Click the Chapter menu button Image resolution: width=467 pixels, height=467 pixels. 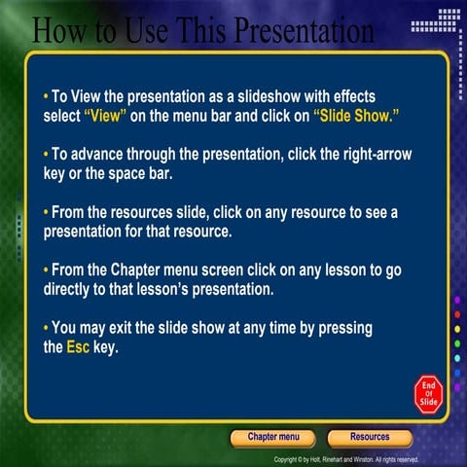(x=272, y=438)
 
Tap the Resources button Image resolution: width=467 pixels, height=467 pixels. (x=370, y=438)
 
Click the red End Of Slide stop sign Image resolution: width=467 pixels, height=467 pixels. (x=428, y=392)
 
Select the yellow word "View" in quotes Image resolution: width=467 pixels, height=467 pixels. (x=106, y=114)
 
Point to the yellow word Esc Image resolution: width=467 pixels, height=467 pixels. (x=77, y=346)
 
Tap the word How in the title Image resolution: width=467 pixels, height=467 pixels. (x=61, y=30)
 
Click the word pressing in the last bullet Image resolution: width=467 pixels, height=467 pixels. (x=340, y=330)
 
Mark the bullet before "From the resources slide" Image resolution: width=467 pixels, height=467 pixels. (x=46, y=211)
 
